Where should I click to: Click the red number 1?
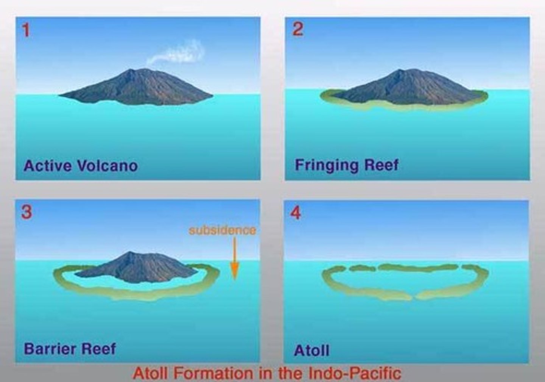[x=26, y=30]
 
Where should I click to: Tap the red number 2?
[x=297, y=29]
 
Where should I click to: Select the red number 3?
[x=26, y=212]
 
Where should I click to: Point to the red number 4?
[x=296, y=213]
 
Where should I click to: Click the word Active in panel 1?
[x=48, y=166]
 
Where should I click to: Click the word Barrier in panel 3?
[x=49, y=348]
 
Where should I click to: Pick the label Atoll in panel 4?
[x=312, y=350]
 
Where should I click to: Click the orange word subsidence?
[x=222, y=230]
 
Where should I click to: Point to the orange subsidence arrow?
[x=235, y=258]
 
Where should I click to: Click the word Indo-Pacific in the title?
[x=355, y=373]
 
